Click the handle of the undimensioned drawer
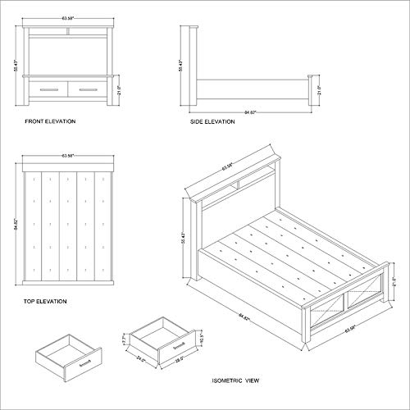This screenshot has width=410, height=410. point(84,358)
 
